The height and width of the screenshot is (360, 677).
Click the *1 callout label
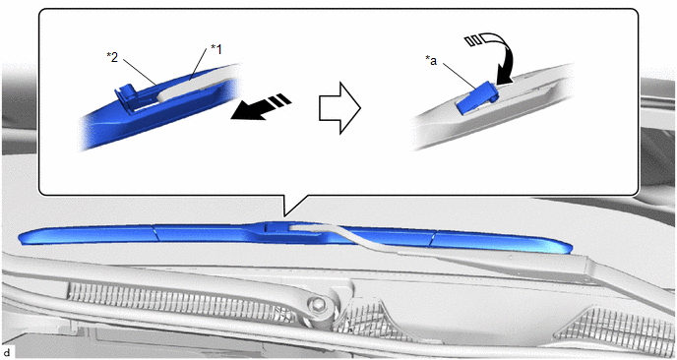pos(215,49)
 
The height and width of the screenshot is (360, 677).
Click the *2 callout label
pos(112,57)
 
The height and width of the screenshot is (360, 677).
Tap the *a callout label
pos(431,61)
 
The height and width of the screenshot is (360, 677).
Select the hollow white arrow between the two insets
pos(339,108)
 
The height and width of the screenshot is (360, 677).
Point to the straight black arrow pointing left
pos(261,108)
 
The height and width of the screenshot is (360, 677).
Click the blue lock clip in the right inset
pos(476,98)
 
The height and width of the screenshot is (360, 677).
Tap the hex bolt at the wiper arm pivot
pos(319,303)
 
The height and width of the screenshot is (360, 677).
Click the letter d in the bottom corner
pos(7,353)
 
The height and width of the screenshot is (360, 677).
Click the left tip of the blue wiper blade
pos(19,238)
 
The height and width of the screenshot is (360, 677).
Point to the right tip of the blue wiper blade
pos(572,249)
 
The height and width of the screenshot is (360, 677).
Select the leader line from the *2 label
pos(140,71)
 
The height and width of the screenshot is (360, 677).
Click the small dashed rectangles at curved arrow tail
pos(473,41)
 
